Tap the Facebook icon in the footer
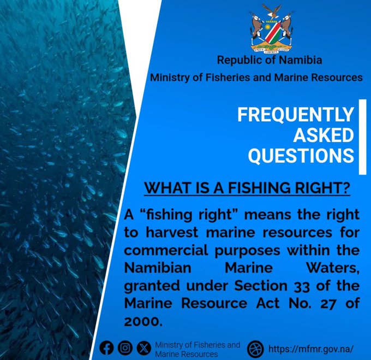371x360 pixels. pyautogui.click(x=107, y=348)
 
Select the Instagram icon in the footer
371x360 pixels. pyautogui.click(x=125, y=348)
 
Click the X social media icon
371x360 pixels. pyautogui.click(x=143, y=348)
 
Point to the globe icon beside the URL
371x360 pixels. pyautogui.click(x=255, y=349)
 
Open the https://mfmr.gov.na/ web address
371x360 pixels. pyautogui.click(x=310, y=349)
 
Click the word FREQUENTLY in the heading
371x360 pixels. pyautogui.click(x=296, y=115)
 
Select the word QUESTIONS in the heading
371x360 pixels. pyautogui.click(x=301, y=155)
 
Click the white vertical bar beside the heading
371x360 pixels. pyautogui.click(x=362, y=137)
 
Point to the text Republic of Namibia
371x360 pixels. pyautogui.click(x=270, y=60)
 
